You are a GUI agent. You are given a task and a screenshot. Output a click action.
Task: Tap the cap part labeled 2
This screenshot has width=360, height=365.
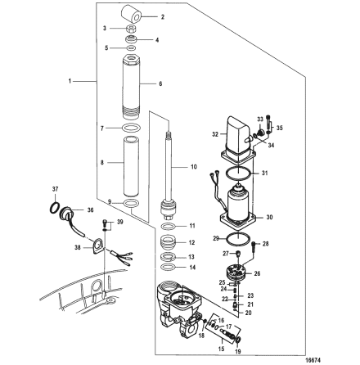[x=133, y=16]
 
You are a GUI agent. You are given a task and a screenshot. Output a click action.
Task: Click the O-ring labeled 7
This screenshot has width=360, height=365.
[x=133, y=128]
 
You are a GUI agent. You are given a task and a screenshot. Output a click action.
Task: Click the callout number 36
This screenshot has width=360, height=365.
[x=90, y=209]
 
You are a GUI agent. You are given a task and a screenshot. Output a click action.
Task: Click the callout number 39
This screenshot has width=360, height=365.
[x=119, y=222]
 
